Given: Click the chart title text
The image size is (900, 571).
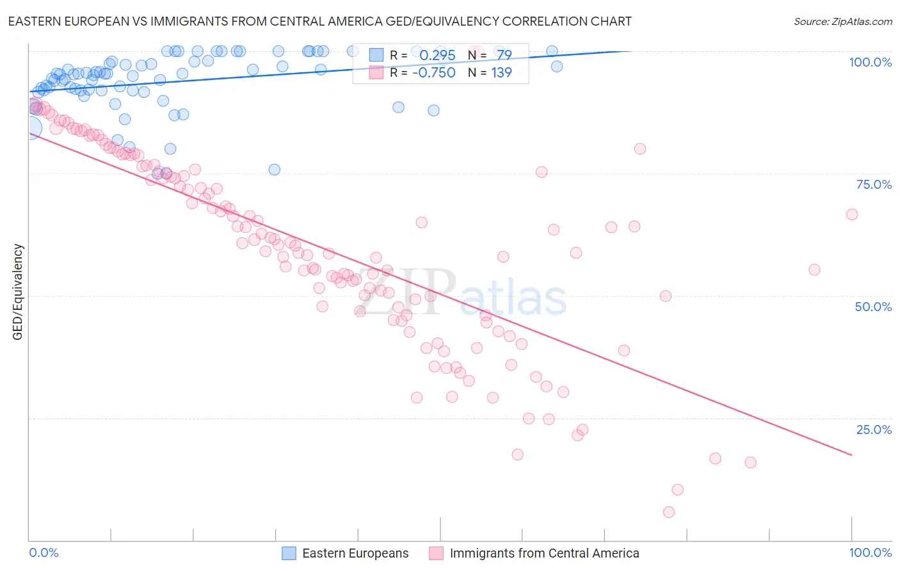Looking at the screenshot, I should pos(319,22).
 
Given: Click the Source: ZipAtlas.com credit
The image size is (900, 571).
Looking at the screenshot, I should pos(842,22).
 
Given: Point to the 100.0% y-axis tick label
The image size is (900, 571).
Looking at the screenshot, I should pos(870,62).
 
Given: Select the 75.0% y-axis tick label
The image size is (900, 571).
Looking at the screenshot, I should pos(874,184).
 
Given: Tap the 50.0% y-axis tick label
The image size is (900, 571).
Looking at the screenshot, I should pos(873,307).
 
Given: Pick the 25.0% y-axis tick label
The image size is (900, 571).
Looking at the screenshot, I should pos(874,430).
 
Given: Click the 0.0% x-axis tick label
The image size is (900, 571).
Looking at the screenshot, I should pos(44,552).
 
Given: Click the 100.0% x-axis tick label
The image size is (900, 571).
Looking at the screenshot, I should pos(870,552).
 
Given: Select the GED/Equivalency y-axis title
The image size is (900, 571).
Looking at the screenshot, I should pos(18,292).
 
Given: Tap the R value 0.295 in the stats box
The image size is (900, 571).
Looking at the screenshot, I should pos(437,56).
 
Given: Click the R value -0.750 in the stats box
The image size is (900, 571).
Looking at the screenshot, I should pos(434,72).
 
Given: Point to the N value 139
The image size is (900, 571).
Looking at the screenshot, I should pos(501,72).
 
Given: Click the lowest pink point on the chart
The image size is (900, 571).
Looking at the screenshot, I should pos(669,512).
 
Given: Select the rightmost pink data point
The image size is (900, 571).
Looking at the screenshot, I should pos(852,214).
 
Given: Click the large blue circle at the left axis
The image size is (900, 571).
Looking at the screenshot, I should pos(30,129).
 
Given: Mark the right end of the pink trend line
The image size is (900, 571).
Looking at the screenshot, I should pos(852,455).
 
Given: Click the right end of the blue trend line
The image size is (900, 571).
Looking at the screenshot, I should pos(631,51).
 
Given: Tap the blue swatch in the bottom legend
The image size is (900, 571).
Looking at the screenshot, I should pos(289,553).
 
